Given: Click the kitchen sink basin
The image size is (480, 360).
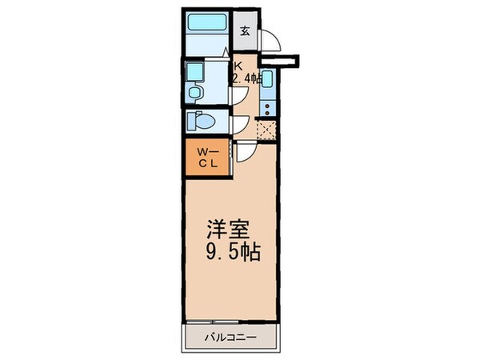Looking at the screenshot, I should coord(268,80).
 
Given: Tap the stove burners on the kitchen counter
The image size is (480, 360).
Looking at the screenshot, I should coord(270,102).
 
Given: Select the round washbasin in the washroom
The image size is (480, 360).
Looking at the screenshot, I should coord(195,94).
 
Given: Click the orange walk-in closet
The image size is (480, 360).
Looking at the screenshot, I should coord(207,155).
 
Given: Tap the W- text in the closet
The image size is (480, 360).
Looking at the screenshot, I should coord(206,149).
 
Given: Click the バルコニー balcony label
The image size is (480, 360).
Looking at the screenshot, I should coord(232,337).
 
